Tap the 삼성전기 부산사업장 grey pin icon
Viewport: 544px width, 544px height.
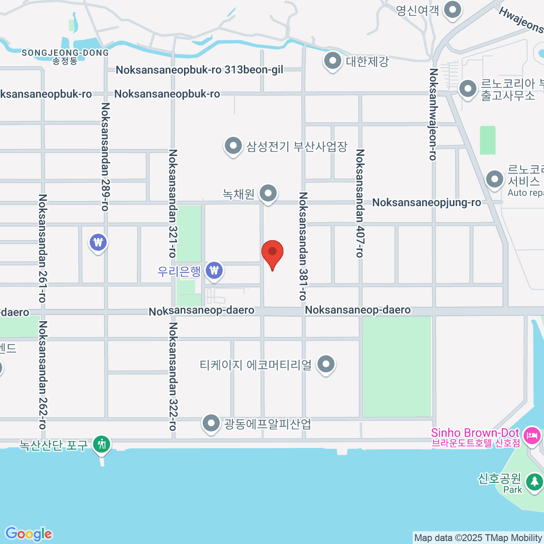(233, 146)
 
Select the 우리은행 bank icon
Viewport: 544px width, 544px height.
(214, 271)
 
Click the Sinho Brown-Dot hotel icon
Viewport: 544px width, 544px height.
(531, 436)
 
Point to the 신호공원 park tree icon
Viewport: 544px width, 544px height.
(534, 481)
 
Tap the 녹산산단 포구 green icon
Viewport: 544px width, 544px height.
(102, 444)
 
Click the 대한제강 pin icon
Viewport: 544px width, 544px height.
(333, 61)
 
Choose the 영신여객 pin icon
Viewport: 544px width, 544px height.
(452, 10)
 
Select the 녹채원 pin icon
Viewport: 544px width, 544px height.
(268, 194)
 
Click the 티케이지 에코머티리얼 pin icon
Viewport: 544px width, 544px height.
(326, 364)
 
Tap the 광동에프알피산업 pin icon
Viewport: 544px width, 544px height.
(211, 423)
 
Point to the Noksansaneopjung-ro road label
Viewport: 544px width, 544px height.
(426, 202)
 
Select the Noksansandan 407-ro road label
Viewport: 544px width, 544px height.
(360, 203)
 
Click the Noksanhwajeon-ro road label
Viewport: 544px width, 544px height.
(433, 114)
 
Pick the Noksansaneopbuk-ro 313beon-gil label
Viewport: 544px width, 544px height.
(199, 70)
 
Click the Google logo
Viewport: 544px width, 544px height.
(29, 534)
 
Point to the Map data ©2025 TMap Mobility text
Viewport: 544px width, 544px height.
(478, 538)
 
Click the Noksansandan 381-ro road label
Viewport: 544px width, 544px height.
(303, 246)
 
